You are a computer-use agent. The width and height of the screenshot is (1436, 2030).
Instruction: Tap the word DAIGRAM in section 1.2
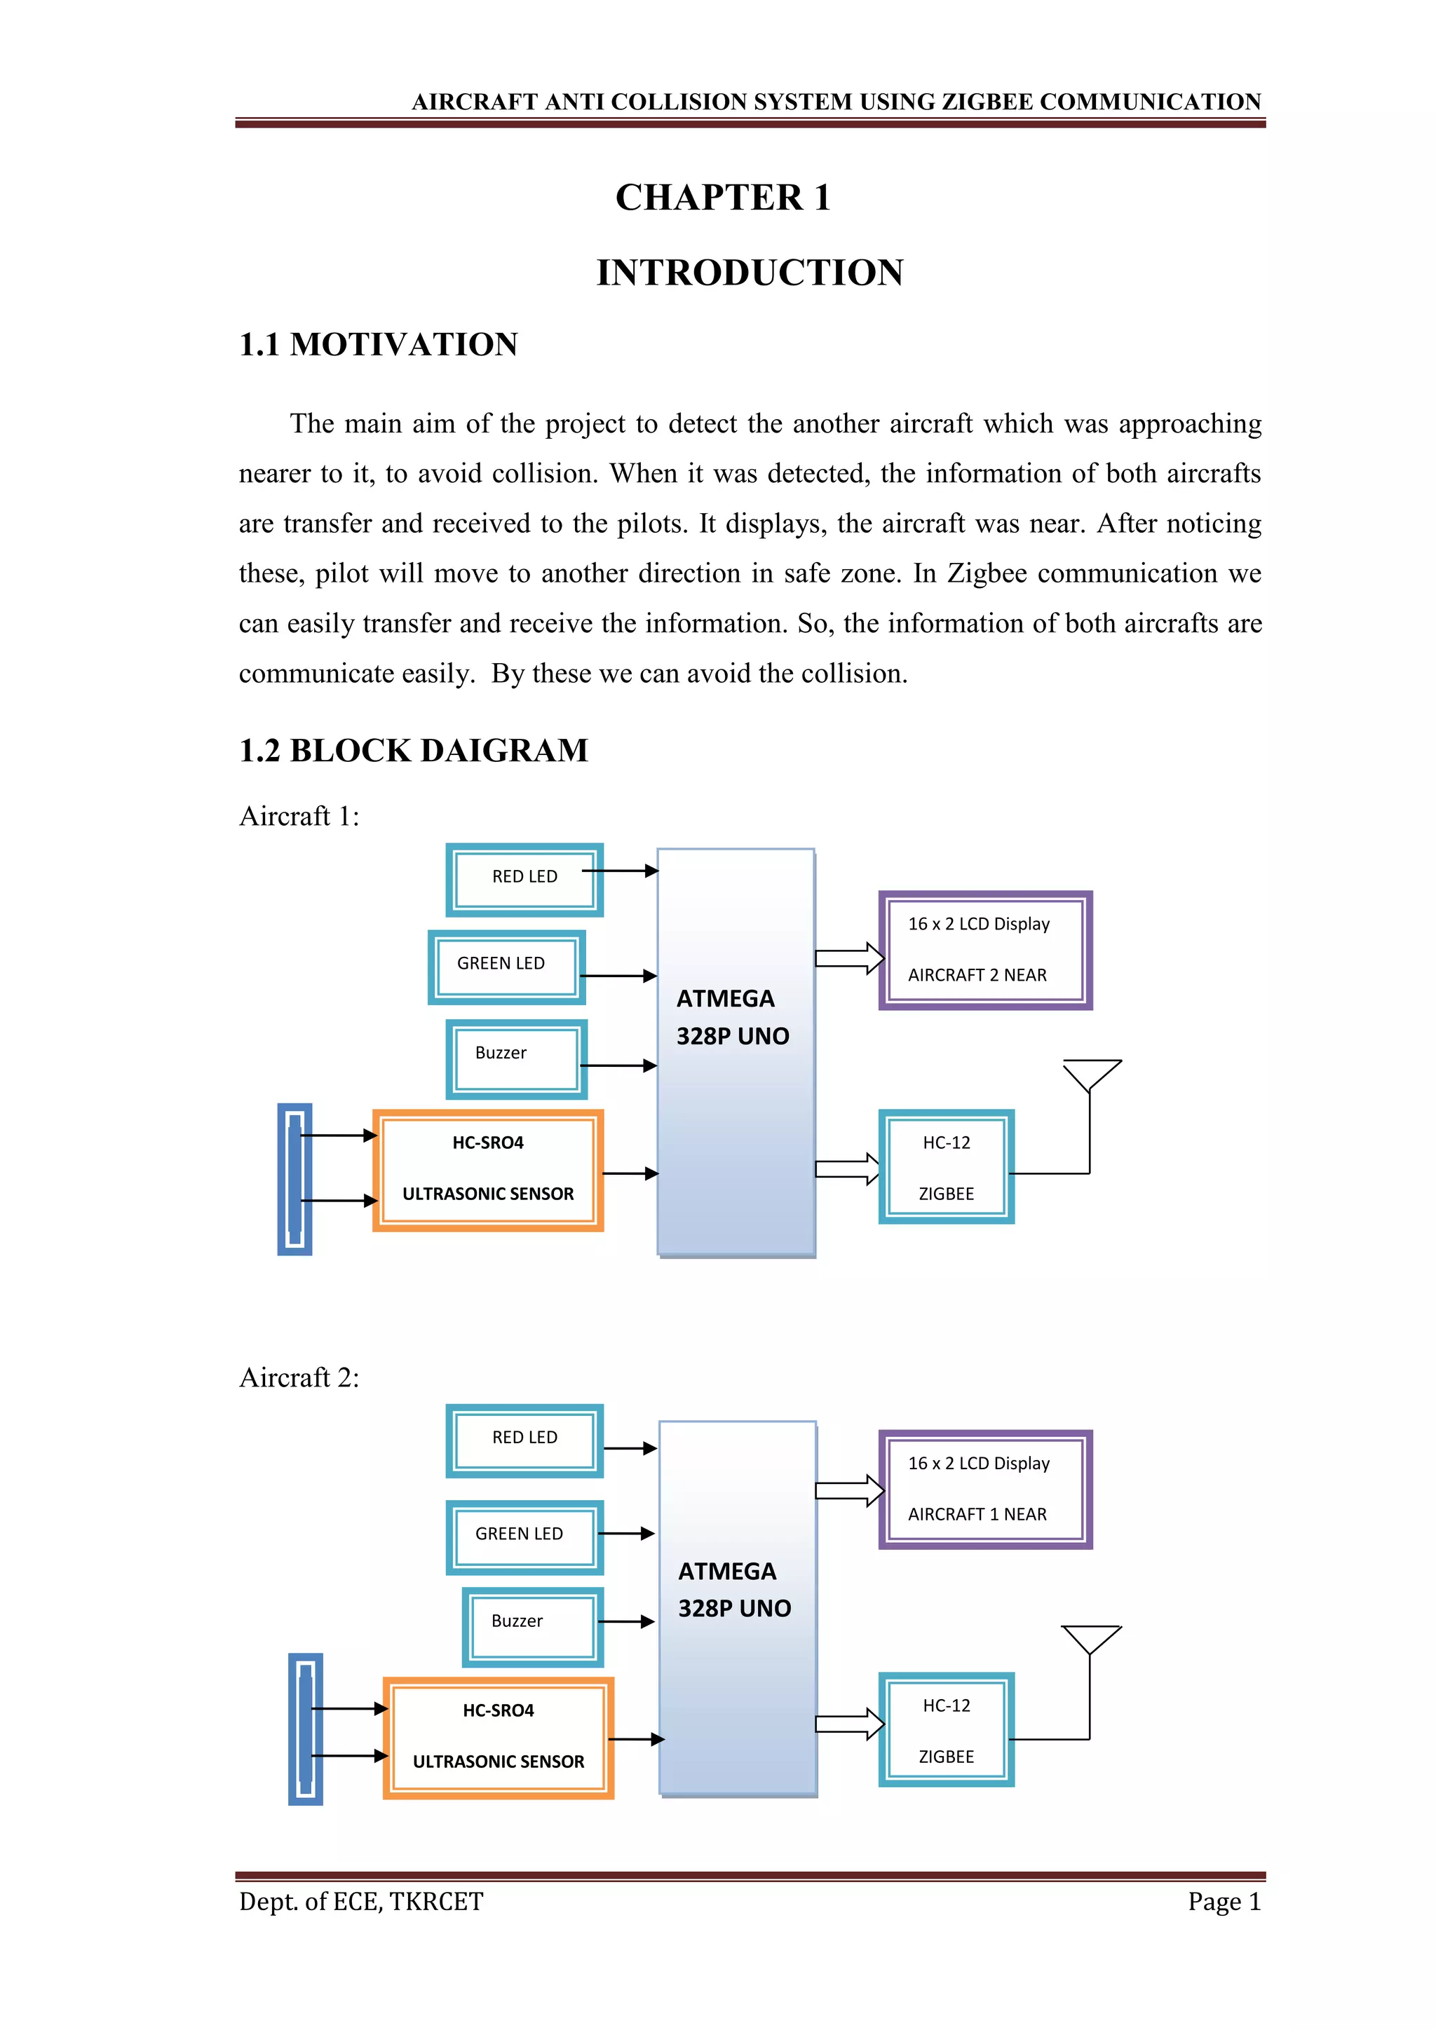coord(503,751)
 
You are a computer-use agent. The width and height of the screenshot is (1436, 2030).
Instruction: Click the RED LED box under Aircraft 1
coord(524,879)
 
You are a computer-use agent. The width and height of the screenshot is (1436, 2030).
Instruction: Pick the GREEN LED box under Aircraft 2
coord(524,1537)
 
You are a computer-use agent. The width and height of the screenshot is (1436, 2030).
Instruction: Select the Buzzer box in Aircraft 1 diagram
coord(515,1058)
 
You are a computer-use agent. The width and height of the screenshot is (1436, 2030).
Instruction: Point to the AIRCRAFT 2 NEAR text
coord(976,975)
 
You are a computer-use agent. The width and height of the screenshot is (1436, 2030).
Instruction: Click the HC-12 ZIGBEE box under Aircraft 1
coord(945,1166)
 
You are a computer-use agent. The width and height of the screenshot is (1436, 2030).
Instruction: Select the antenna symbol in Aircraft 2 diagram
coord(1090,1640)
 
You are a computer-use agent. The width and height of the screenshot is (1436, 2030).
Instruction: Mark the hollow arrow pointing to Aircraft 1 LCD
coord(849,958)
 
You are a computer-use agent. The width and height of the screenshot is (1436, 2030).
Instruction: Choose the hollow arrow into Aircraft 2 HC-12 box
coord(849,1723)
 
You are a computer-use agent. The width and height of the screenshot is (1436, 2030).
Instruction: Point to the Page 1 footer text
coord(1223,1901)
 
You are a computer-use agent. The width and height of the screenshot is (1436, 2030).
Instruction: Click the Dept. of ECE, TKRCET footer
coord(361,1901)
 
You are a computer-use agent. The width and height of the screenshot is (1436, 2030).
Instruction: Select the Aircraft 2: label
coord(299,1377)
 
